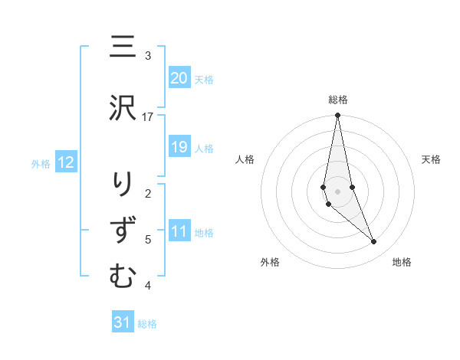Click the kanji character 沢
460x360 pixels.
click(122, 110)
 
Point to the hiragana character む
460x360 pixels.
click(122, 277)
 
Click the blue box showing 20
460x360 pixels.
click(179, 78)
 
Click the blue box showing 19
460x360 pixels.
click(179, 147)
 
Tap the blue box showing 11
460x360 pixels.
click(179, 232)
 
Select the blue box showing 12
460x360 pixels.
click(65, 162)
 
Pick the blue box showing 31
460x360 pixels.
click(123, 322)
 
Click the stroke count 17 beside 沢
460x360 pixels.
click(148, 116)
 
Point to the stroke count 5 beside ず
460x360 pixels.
click(148, 240)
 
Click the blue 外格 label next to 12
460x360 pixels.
click(41, 163)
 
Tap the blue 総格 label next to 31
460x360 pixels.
click(147, 324)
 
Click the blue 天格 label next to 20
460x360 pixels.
click(204, 79)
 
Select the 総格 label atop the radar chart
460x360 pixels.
click(337, 100)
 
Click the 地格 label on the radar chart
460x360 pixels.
click(402, 262)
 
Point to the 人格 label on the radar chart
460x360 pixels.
click(245, 159)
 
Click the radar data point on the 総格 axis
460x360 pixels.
click(337, 116)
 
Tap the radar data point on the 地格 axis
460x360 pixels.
click(373, 242)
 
